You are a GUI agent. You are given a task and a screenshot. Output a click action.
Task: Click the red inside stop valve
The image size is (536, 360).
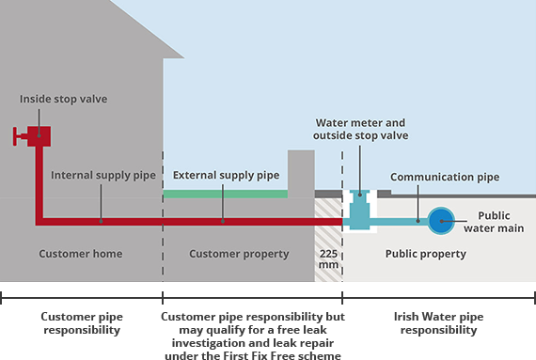[x=38, y=135]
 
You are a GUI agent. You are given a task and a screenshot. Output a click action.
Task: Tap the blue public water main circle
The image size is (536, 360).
[x=440, y=221]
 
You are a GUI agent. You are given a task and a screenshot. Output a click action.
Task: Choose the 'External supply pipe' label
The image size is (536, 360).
[x=226, y=175]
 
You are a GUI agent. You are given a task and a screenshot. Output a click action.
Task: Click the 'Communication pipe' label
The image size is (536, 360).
[x=445, y=176]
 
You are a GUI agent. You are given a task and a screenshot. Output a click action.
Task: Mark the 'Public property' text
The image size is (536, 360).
[x=425, y=254]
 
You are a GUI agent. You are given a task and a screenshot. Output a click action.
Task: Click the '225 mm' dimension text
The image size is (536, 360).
[x=328, y=259]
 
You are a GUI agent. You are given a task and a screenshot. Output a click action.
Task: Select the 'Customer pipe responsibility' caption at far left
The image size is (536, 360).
[x=80, y=324]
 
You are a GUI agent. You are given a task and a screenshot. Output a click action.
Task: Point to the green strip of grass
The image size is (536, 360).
[x=226, y=194]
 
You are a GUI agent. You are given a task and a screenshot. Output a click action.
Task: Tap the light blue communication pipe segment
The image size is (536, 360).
[x=400, y=221]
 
